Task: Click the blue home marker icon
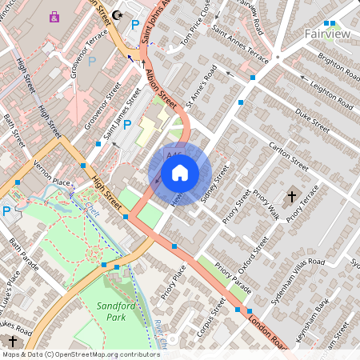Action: [x=180, y=172]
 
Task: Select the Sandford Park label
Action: [x=118, y=311]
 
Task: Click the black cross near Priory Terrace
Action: [x=291, y=196]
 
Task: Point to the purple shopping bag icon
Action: [x=54, y=16]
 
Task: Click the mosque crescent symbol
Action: [x=119, y=14]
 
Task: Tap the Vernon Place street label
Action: [x=53, y=170]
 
